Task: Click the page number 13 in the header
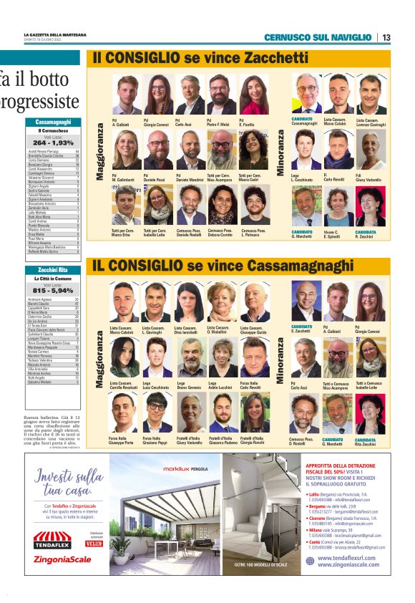pos(386,37)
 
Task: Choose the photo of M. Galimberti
pos(127,149)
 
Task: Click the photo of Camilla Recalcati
pos(125,357)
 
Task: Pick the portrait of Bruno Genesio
pos(190,357)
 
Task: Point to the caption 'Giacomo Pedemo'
pos(223,443)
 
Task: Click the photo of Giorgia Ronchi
pos(255,413)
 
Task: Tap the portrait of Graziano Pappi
pos(157,413)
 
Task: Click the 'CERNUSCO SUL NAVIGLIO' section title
pos(318,37)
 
